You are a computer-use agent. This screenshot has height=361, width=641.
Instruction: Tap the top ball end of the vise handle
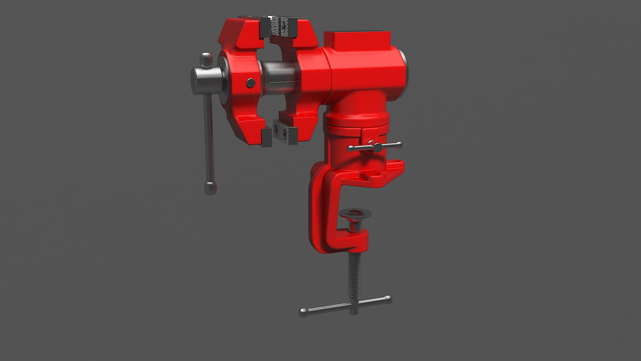point(206,59)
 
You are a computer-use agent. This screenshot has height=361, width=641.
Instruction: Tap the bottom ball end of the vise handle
point(210,188)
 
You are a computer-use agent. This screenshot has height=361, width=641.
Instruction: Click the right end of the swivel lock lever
point(399,145)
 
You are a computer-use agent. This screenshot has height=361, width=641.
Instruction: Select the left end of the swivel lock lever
point(350,148)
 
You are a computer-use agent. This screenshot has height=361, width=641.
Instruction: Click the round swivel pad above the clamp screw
point(355,213)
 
